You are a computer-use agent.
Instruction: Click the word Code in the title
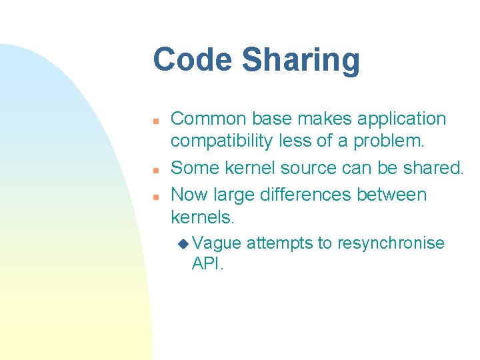(193, 59)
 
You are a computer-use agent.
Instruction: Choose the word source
(313, 167)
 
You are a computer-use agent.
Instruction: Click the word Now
(189, 195)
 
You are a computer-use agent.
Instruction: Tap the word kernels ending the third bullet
(201, 217)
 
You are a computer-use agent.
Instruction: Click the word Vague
(217, 243)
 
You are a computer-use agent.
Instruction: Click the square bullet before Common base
(153, 121)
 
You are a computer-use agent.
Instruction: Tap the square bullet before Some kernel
(153, 169)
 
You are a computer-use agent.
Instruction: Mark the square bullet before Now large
(153, 197)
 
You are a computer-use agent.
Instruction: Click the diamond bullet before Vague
(183, 244)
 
